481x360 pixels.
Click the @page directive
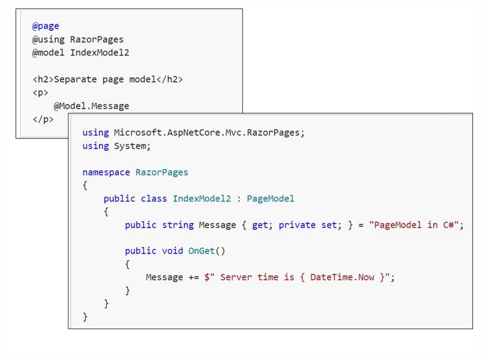pos(46,26)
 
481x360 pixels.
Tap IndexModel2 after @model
pos(100,53)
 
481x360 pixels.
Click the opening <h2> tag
pos(43,79)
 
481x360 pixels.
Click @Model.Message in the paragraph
pos(91,106)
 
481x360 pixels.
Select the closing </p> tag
pos(43,119)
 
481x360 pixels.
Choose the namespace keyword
pos(106,172)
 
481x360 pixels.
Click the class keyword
pos(154,199)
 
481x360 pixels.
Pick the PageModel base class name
pos(271,199)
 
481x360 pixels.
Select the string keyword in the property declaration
pos(178,225)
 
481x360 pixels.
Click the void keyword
pos(172,251)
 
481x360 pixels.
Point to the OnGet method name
pos(202,251)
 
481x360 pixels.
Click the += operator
pos(194,277)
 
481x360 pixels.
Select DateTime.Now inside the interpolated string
pos(342,277)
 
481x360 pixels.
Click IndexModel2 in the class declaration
pos(202,199)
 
